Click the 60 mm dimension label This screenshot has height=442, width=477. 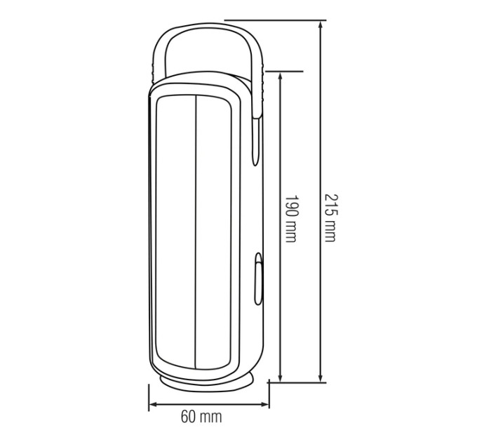(201, 417)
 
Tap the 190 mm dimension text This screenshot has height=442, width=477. (290, 218)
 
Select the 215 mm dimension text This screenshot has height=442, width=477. (330, 217)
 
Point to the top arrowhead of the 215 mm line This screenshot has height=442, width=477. (321, 25)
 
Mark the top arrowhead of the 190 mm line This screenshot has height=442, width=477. (281, 76)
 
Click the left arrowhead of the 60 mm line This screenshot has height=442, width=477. (154, 404)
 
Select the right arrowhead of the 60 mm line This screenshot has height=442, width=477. (264, 404)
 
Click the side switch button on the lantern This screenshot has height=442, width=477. (259, 279)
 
